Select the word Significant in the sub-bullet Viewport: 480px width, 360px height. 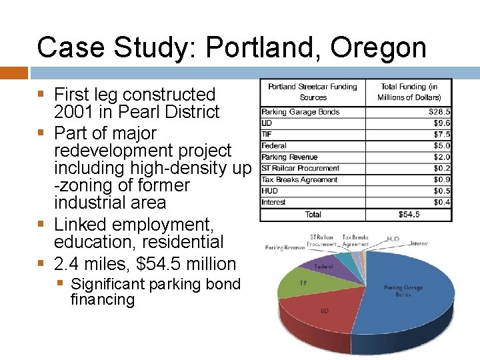pos(108,284)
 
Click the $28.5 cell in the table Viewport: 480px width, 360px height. pos(439,112)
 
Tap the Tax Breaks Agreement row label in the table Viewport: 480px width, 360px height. pos(299,180)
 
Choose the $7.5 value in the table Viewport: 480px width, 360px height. pos(441,135)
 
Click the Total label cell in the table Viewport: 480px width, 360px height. pos(313,215)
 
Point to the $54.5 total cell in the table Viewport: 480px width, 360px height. pos(408,215)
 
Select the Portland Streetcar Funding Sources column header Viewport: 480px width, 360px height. pos(312,92)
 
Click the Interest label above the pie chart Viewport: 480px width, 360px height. pos(419,243)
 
